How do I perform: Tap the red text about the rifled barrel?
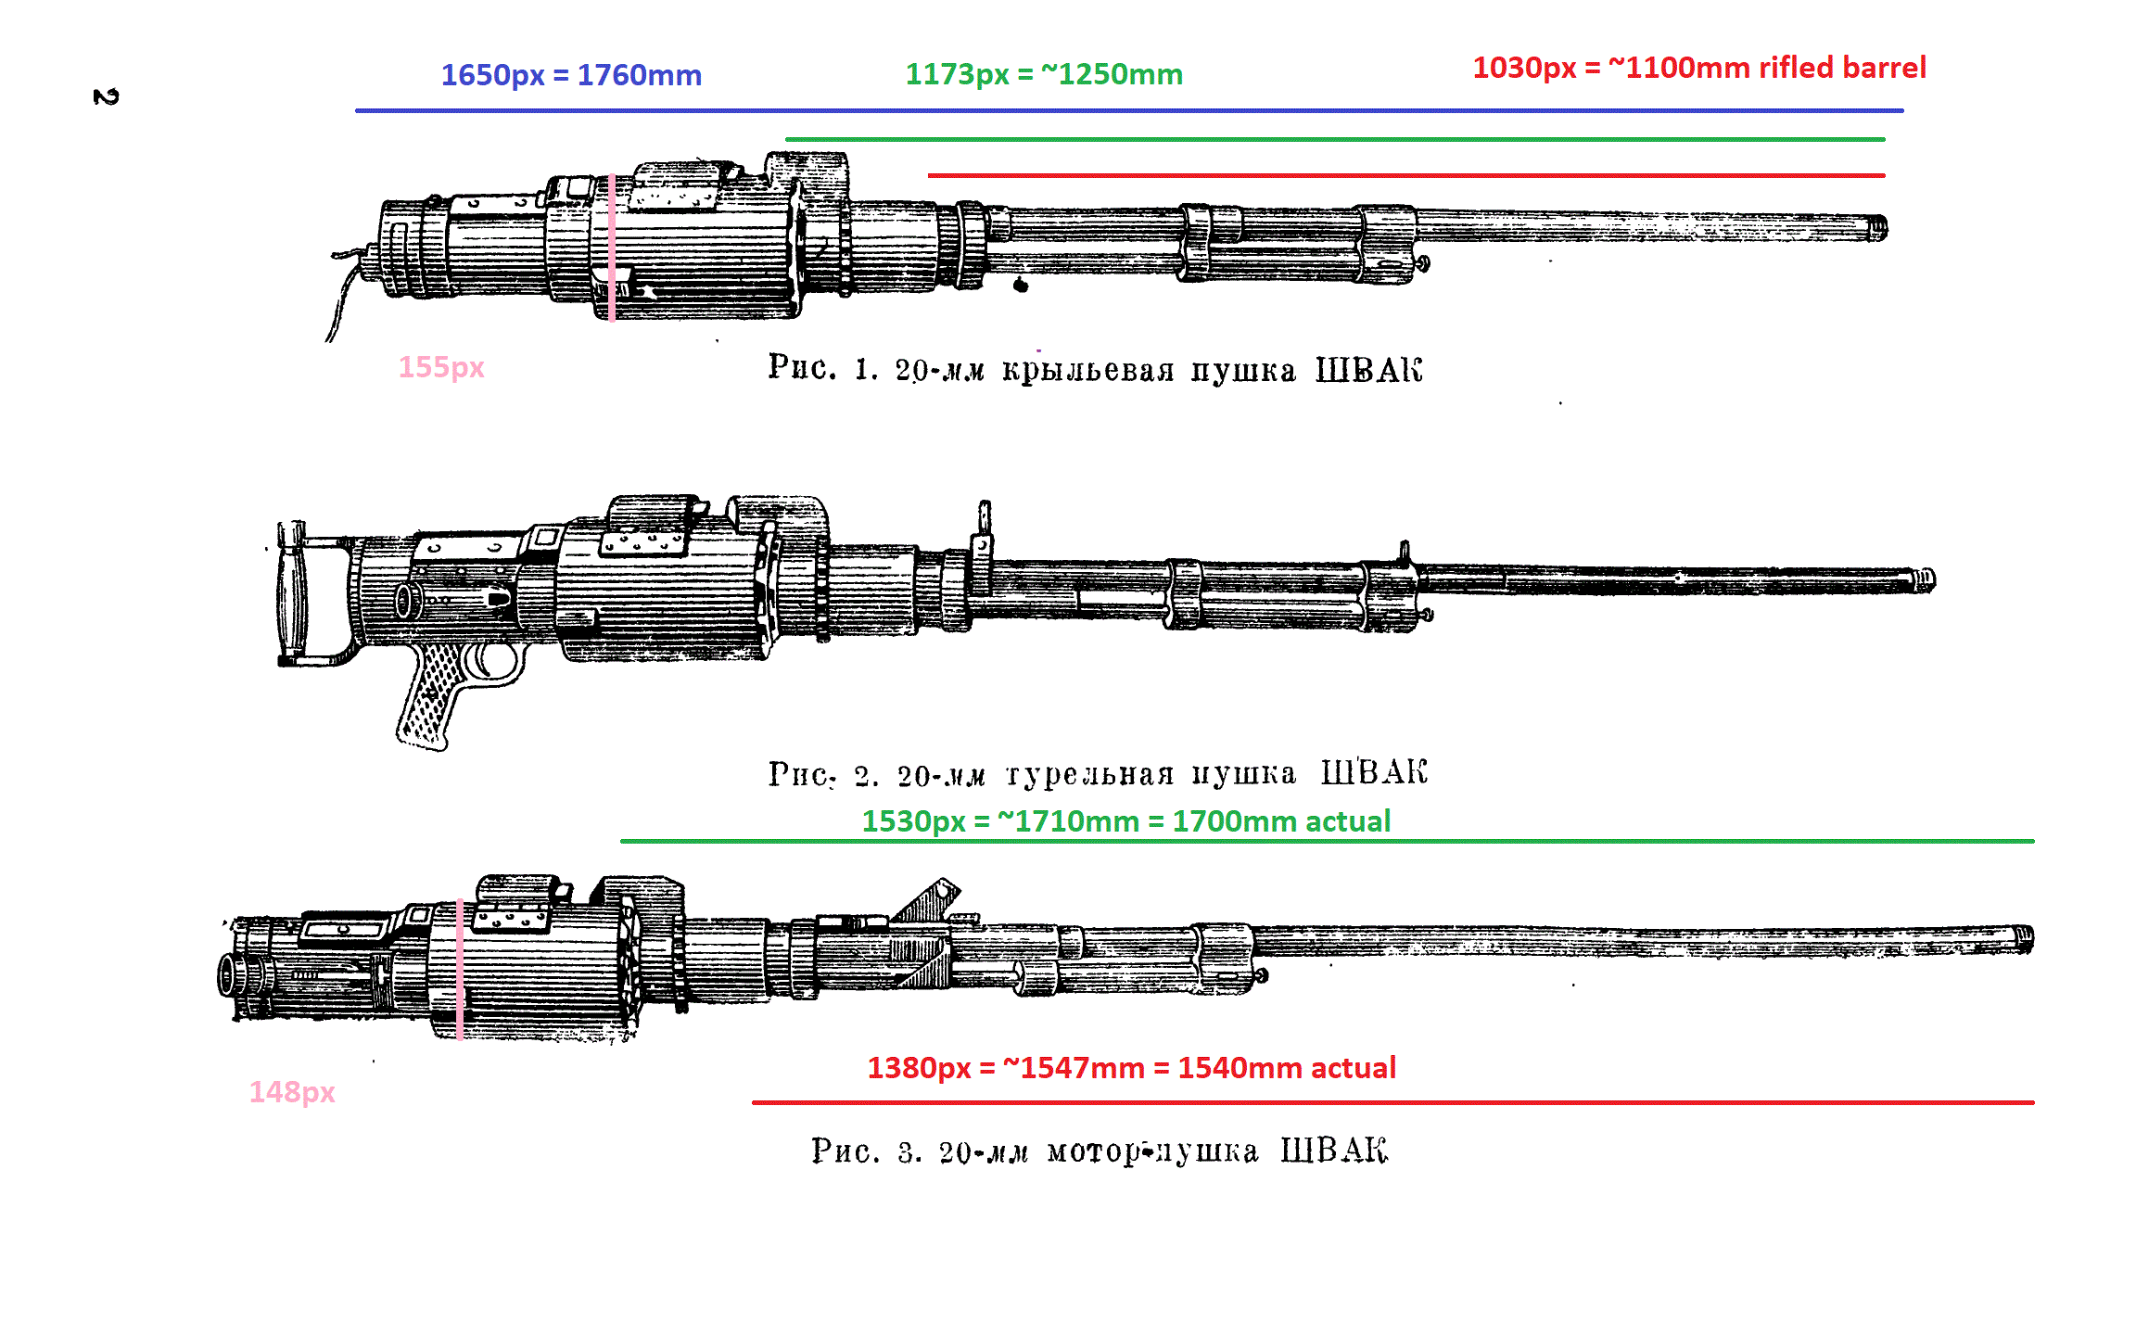1698,68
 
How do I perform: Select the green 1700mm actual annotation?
1125,821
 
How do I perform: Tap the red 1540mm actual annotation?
1131,1068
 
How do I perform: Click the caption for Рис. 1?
1094,369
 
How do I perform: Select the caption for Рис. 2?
1098,773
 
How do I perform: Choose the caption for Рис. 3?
1099,1151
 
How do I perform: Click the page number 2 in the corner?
106,97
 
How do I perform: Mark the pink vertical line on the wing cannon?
612,247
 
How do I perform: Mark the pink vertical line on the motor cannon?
460,970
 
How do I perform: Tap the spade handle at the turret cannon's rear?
291,593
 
